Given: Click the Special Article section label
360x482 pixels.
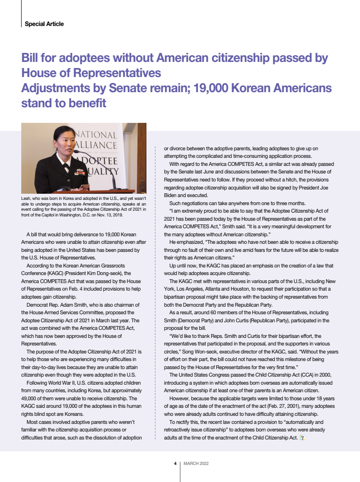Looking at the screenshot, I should click(44, 24).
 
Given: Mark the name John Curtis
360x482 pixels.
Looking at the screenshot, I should click(234, 320).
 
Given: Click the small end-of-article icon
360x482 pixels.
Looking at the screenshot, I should click(302, 438).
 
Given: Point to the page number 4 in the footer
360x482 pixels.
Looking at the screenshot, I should click(175, 463).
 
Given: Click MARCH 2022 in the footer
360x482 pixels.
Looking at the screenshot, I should click(197, 463).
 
